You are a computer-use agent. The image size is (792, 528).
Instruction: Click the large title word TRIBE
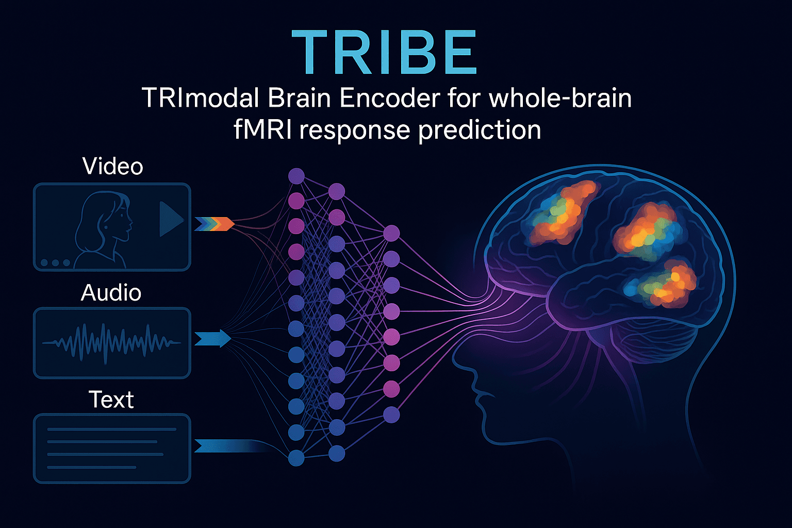(x=384, y=53)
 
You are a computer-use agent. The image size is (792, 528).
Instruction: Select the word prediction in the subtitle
(x=480, y=130)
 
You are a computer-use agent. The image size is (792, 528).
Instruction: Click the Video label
(x=112, y=167)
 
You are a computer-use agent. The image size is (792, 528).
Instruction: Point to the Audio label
(x=111, y=293)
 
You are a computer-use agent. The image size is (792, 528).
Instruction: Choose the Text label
(x=111, y=400)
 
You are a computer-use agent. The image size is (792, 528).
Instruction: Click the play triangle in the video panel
(x=170, y=219)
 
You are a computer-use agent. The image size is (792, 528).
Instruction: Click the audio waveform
(x=111, y=342)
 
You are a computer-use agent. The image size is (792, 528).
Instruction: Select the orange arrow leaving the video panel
(x=214, y=224)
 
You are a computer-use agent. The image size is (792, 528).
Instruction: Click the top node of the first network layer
(x=296, y=176)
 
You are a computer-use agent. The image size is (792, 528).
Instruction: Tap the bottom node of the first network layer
(x=296, y=457)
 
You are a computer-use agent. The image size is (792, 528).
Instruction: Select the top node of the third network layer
(x=391, y=233)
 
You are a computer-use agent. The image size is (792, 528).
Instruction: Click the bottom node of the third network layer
(x=391, y=415)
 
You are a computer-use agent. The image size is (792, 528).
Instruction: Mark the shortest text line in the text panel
(x=91, y=467)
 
